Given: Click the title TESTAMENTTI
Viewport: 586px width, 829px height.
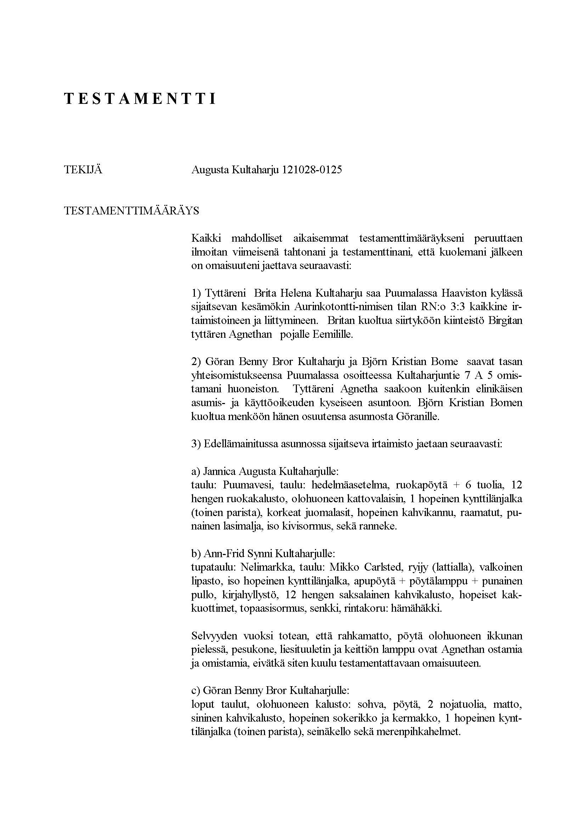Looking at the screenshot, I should click(x=140, y=99).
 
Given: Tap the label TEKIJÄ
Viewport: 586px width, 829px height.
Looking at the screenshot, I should click(x=83, y=170).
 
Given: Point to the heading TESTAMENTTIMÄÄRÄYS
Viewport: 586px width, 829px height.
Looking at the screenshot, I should click(x=131, y=211).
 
